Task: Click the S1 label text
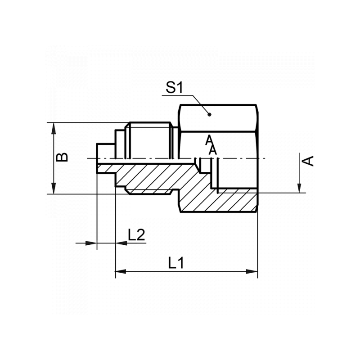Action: click(x=174, y=87)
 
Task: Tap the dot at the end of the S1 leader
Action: click(x=209, y=114)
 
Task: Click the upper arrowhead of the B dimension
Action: click(x=54, y=128)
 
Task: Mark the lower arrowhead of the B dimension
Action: click(x=54, y=188)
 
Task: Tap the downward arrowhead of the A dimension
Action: click(x=300, y=187)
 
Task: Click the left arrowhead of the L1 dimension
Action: click(x=121, y=271)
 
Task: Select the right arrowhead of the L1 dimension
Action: click(x=252, y=271)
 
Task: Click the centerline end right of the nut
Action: click(x=265, y=158)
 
